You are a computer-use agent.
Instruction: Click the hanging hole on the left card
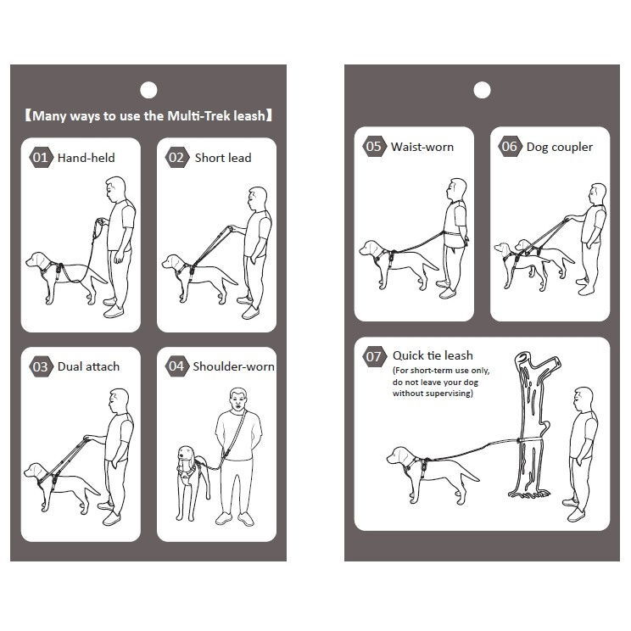pyautogui.click(x=148, y=90)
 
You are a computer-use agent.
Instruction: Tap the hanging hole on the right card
pyautogui.click(x=482, y=90)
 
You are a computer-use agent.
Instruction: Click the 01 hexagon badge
pyautogui.click(x=41, y=158)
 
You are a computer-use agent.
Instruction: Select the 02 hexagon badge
pyautogui.click(x=176, y=158)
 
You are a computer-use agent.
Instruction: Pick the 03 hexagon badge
pyautogui.click(x=41, y=366)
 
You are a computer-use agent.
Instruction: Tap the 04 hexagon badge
pyautogui.click(x=176, y=366)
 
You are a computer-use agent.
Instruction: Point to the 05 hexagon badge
pyautogui.click(x=374, y=146)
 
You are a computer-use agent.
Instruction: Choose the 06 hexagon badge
pyautogui.click(x=510, y=146)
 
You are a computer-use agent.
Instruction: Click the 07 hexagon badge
pyautogui.click(x=374, y=355)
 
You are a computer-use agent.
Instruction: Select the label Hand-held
pyautogui.click(x=87, y=158)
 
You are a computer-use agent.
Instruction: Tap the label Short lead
pyautogui.click(x=223, y=158)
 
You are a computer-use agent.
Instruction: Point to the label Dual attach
pyautogui.click(x=88, y=366)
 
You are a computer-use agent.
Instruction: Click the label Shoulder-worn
pyautogui.click(x=233, y=366)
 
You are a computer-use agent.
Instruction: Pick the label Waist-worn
pyautogui.click(x=422, y=147)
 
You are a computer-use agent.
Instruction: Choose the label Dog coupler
pyautogui.click(x=560, y=148)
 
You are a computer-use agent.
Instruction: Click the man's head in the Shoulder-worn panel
pyautogui.click(x=238, y=399)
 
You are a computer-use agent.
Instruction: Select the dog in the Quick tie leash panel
pyautogui.click(x=433, y=473)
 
